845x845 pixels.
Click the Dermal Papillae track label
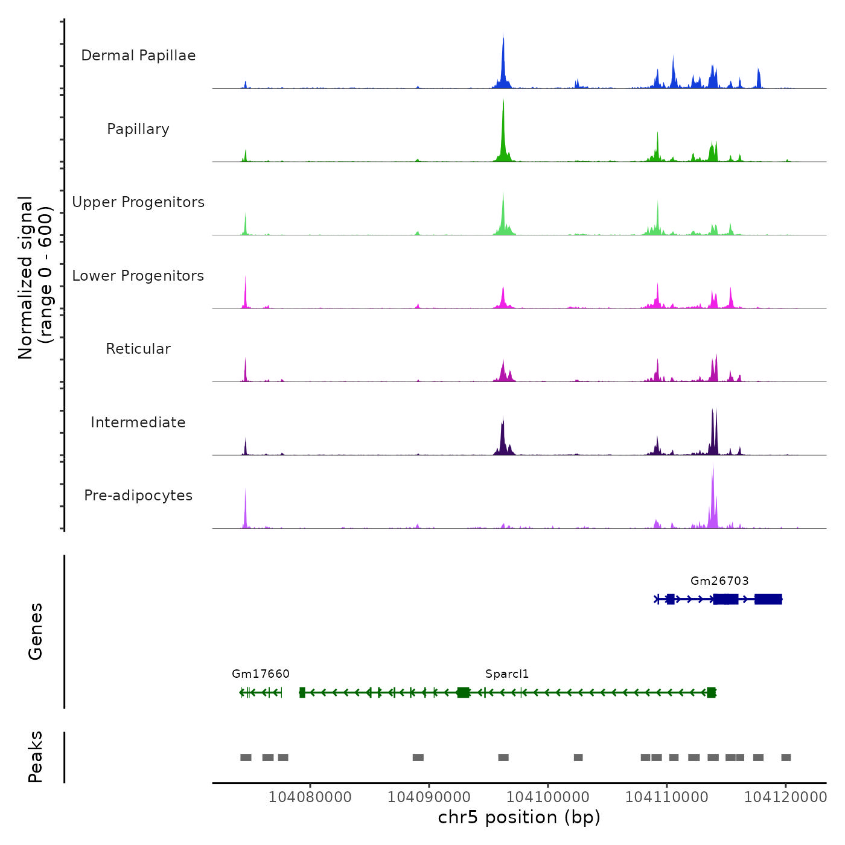[138, 56]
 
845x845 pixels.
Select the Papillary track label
[138, 129]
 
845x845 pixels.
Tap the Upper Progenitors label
[138, 202]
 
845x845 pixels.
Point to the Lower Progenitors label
[138, 276]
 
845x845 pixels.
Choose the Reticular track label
[138, 349]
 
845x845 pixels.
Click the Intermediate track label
[138, 422]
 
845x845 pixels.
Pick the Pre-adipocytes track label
[138, 496]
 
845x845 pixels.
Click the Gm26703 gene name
[719, 581]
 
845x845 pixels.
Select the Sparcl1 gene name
[507, 674]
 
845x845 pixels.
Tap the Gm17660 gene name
[261, 674]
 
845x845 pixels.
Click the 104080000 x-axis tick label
[310, 797]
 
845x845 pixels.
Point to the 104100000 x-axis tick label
[547, 797]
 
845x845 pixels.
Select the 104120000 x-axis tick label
[785, 797]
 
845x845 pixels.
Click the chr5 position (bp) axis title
[519, 817]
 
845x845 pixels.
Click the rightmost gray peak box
[786, 757]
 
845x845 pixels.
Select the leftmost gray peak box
[246, 757]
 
